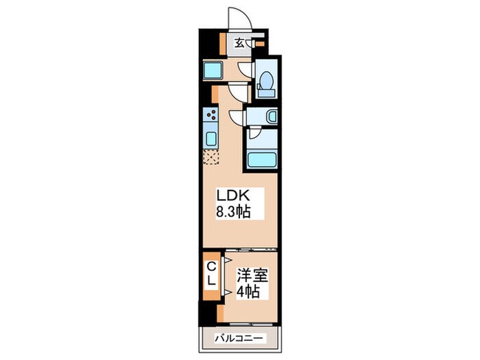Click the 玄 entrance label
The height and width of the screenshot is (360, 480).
[x=239, y=43]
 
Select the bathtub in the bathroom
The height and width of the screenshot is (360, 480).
[x=261, y=159]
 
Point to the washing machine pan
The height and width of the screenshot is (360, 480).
[x=213, y=70]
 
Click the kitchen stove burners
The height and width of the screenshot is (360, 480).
[x=210, y=116]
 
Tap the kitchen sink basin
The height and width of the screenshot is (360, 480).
[x=211, y=139]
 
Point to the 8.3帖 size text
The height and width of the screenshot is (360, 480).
[x=233, y=212]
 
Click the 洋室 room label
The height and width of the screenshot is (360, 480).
[x=253, y=277]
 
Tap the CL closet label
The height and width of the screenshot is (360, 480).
[x=211, y=274]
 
